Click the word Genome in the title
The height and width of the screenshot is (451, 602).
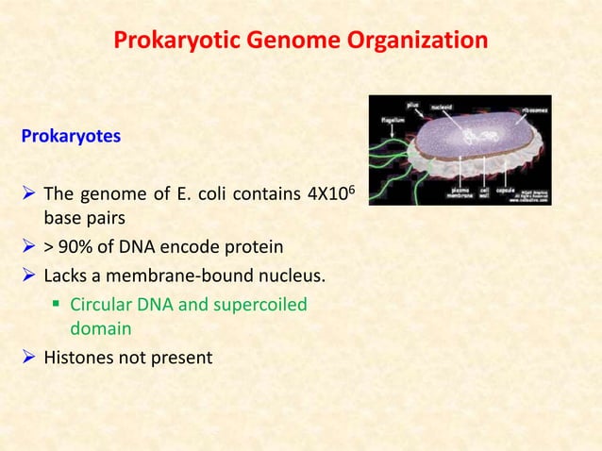point(299,42)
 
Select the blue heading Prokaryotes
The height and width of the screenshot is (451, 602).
point(71,136)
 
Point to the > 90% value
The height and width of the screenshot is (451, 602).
point(64,247)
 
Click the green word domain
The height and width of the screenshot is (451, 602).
point(98,329)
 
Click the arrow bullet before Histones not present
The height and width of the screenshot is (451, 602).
point(27,359)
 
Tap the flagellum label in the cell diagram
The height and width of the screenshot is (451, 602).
point(381,121)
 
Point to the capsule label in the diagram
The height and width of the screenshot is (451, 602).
point(506,191)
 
